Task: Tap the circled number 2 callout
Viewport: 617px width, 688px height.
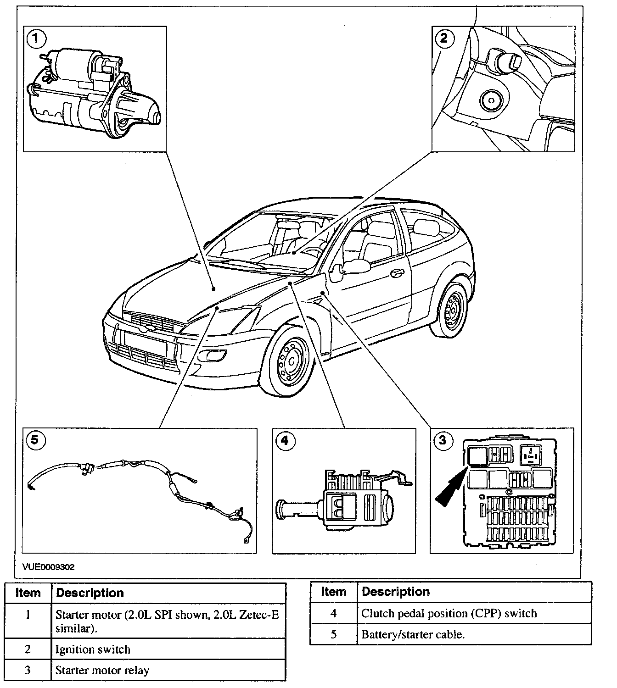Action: pos(443,38)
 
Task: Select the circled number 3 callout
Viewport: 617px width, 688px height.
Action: pos(442,440)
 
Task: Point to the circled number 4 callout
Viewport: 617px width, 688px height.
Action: pos(285,441)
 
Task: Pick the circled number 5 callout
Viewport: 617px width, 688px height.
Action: pos(35,440)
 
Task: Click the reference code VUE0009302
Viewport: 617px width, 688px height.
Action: pos(48,567)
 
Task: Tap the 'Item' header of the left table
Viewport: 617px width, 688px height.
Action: pos(28,593)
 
